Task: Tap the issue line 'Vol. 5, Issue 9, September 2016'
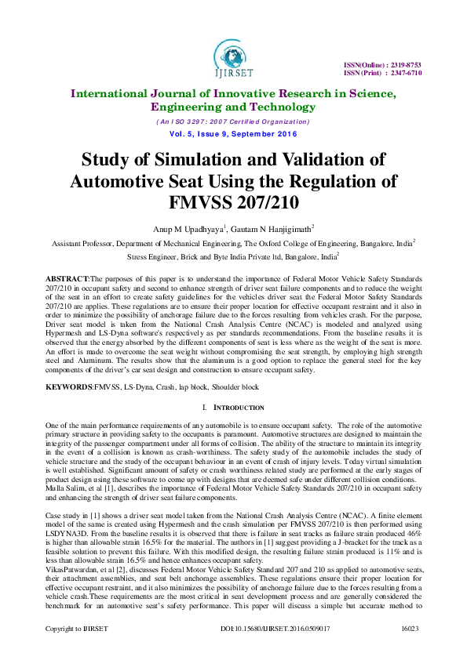click(x=233, y=135)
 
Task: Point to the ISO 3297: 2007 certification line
click(x=233, y=121)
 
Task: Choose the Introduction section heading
click(x=237, y=408)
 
